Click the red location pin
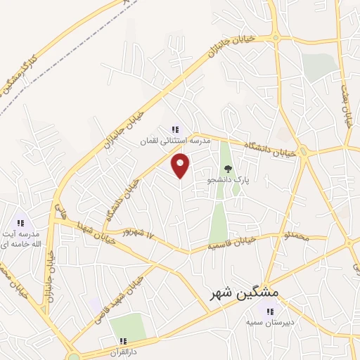tap(181, 165)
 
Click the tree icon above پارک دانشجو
tap(228, 169)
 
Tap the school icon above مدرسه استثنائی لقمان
tap(175, 129)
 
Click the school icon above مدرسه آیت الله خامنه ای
tap(20, 223)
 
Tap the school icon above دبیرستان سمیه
tap(269, 311)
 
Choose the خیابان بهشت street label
tap(346, 105)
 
